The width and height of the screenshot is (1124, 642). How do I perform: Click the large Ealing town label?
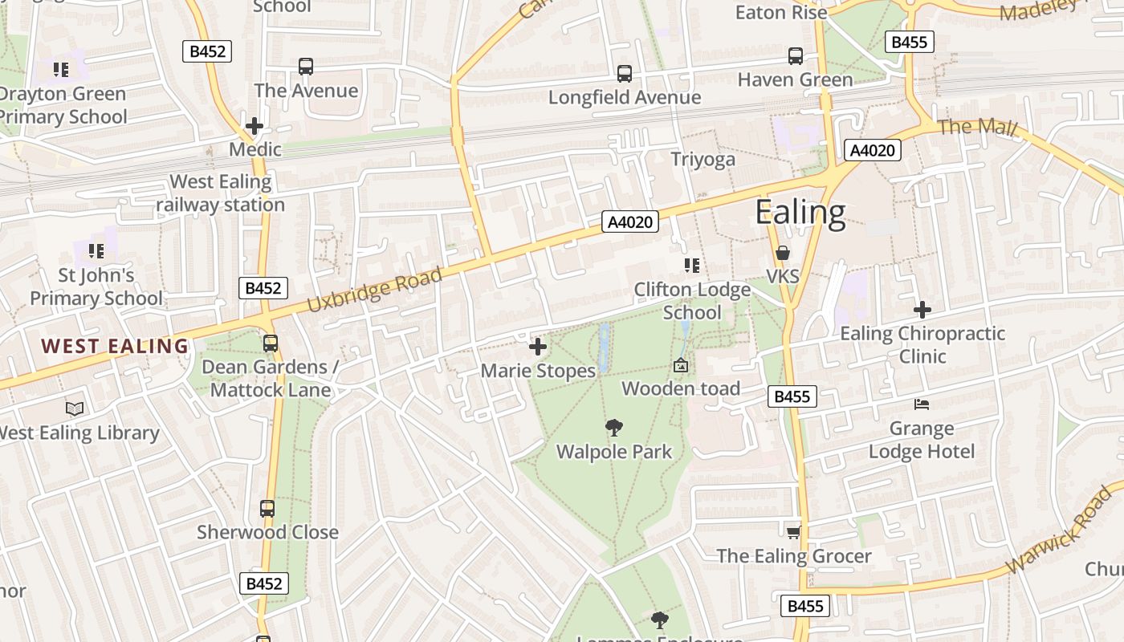(x=800, y=213)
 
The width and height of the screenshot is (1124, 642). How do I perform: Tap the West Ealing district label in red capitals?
(x=115, y=347)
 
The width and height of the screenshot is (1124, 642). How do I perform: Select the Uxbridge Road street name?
(x=374, y=291)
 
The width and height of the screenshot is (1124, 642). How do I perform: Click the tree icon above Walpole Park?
(x=614, y=428)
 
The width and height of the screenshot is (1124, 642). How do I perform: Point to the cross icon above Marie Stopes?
(x=538, y=347)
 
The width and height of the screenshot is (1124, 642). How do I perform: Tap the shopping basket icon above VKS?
(x=783, y=254)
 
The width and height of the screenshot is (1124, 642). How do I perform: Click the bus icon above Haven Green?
(x=795, y=56)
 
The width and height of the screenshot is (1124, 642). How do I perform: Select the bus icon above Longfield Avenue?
(x=624, y=74)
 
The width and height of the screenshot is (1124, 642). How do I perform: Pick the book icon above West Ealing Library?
(x=75, y=409)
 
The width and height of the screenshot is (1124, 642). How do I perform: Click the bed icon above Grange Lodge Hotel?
(x=922, y=404)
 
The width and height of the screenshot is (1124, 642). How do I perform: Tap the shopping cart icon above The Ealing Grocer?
(x=793, y=532)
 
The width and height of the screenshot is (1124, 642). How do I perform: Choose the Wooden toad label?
(x=681, y=389)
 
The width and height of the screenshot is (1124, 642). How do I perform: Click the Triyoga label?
(x=702, y=160)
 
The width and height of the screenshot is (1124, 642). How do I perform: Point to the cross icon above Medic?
(x=255, y=126)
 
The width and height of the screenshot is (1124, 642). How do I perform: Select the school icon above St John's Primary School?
(x=96, y=251)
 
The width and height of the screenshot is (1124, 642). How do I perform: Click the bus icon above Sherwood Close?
(x=267, y=509)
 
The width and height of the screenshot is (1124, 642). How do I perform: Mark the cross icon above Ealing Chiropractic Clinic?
(x=922, y=309)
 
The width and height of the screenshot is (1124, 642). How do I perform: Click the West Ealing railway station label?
(x=220, y=193)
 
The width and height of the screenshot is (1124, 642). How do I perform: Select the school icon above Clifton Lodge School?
(x=691, y=266)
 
